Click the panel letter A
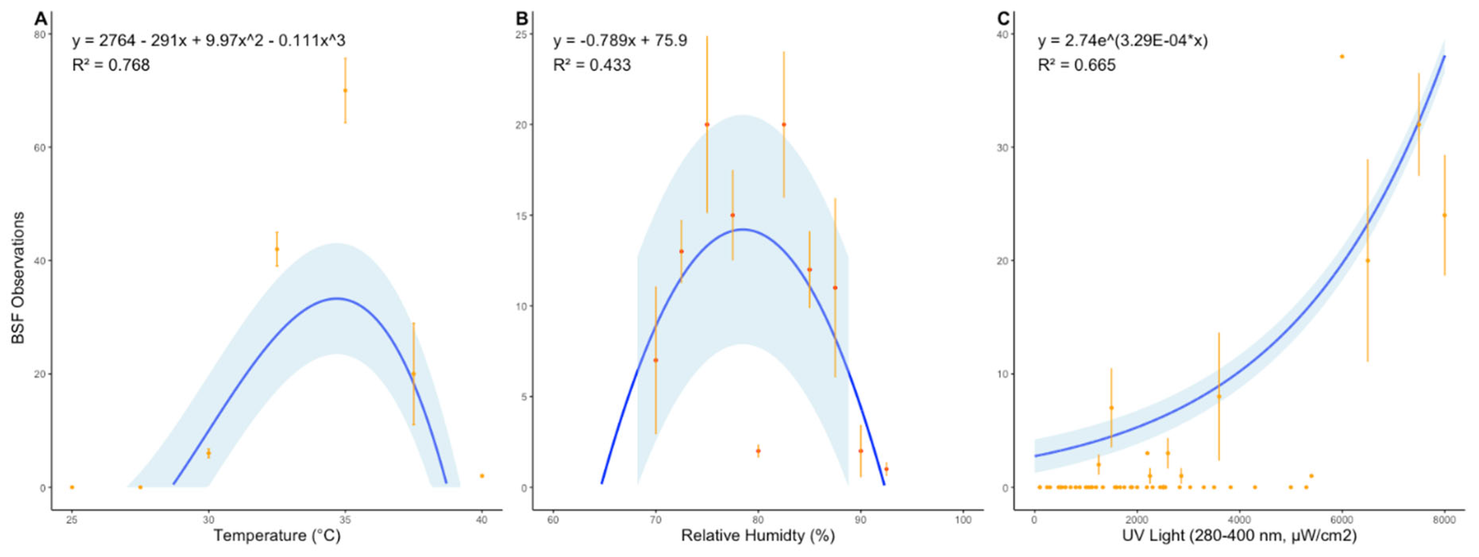click(x=40, y=19)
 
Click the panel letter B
click(x=521, y=19)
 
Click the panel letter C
click(x=1002, y=19)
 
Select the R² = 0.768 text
click(x=111, y=65)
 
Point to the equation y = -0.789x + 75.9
click(x=620, y=41)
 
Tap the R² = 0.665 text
click(x=1077, y=65)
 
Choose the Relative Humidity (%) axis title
click(x=757, y=536)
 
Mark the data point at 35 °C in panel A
click(x=345, y=90)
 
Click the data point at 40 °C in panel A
click(x=482, y=476)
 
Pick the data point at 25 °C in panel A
click(x=72, y=487)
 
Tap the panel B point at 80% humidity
click(x=758, y=451)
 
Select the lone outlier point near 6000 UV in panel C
click(x=1342, y=56)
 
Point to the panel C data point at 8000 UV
click(x=1444, y=215)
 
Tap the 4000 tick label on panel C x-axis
click(x=1239, y=520)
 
